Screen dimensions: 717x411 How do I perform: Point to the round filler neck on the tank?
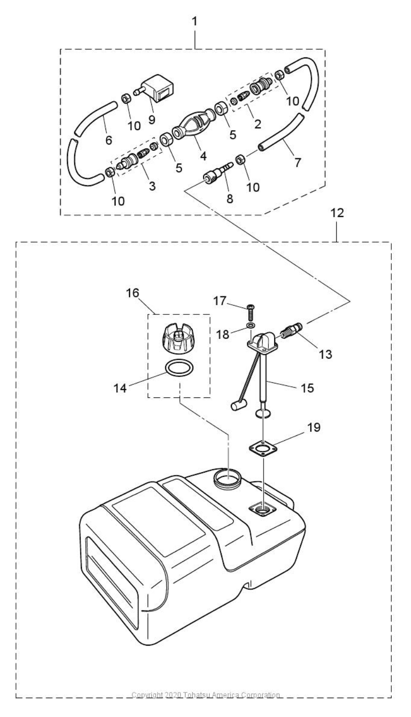(227, 477)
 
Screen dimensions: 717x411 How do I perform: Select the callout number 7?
(297, 162)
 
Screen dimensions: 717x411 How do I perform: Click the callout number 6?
(109, 140)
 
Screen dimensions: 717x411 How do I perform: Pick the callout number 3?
(152, 186)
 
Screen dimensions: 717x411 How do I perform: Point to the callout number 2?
(257, 124)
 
